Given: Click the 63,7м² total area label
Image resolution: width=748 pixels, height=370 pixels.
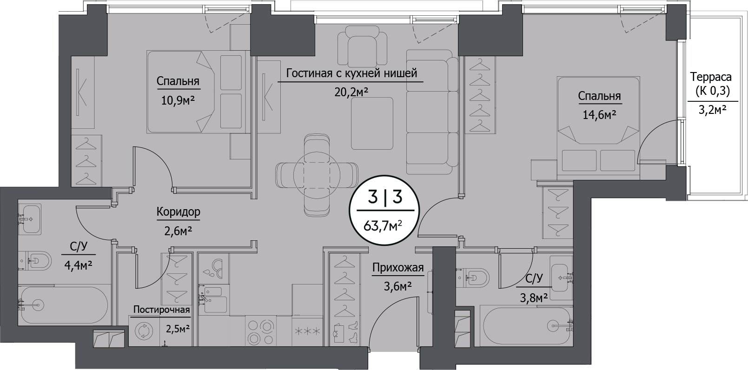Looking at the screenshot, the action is (x=382, y=226).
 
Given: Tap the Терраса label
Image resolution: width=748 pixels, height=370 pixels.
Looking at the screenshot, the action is (x=711, y=77).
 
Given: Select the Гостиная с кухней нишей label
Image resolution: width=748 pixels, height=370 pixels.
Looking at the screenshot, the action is (x=351, y=73).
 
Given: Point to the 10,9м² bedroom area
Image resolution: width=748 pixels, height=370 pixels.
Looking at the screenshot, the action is (x=178, y=100).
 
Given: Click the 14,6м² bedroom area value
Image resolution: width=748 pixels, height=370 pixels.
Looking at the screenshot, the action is (x=599, y=115).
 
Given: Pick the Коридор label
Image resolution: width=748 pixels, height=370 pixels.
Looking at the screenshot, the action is (x=179, y=211).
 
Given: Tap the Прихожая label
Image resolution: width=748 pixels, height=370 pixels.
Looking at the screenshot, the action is (x=398, y=267).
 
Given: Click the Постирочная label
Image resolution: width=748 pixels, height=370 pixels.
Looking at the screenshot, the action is (x=162, y=310).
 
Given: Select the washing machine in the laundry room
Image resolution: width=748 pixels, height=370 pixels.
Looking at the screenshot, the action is (x=144, y=331).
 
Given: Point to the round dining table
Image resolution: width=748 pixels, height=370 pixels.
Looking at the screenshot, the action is (x=317, y=175).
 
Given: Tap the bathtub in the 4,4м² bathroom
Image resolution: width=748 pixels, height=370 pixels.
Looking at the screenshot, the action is (x=64, y=304).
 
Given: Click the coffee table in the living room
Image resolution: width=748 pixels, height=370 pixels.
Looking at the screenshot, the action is (x=372, y=124).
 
